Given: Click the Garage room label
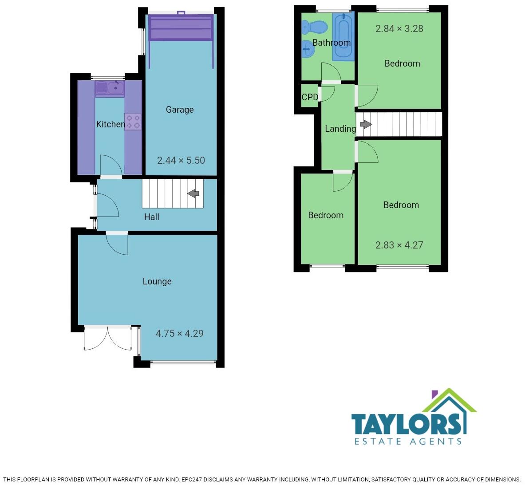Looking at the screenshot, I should (x=180, y=110).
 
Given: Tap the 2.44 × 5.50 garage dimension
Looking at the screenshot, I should (x=181, y=161).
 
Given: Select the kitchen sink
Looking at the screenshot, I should (x=110, y=87).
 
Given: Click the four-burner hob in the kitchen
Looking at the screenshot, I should (x=133, y=122).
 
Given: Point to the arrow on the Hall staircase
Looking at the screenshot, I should (x=193, y=193).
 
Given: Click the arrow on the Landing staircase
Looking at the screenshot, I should (x=366, y=125).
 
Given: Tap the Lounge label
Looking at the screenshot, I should (x=157, y=281).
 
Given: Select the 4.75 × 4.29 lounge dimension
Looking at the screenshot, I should (x=179, y=333).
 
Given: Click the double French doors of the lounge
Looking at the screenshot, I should (x=107, y=338).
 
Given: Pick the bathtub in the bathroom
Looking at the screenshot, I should (x=343, y=37).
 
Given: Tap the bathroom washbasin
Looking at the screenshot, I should (x=308, y=49).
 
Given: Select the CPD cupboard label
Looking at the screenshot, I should (x=310, y=97).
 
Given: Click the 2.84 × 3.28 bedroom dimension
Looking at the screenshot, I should (x=399, y=29).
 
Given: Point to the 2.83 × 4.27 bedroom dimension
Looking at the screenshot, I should (x=399, y=245).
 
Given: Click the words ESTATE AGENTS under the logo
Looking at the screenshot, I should (x=408, y=441).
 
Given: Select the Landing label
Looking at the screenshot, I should (x=340, y=129).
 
